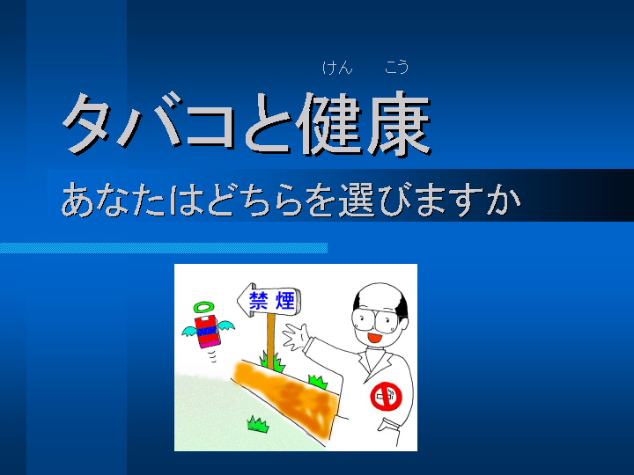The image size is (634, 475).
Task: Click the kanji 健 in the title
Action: pyautogui.click(x=329, y=124)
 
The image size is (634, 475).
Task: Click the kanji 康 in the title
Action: pyautogui.click(x=398, y=124)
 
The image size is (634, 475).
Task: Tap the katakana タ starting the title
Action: pyautogui.click(x=87, y=124)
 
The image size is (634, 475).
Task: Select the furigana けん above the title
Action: pyautogui.click(x=337, y=67)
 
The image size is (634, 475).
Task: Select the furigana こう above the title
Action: pyautogui.click(x=396, y=67)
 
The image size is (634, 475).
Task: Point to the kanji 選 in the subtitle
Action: pyautogui.click(x=357, y=200)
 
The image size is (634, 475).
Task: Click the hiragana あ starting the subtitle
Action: pyautogui.click(x=79, y=200)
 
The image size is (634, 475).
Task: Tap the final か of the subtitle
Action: pyautogui.click(x=504, y=200)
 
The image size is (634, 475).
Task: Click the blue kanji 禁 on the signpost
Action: pyautogui.click(x=259, y=300)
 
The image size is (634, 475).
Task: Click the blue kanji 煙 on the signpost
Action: pyautogui.click(x=285, y=300)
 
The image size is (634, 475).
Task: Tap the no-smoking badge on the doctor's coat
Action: pyautogui.click(x=387, y=396)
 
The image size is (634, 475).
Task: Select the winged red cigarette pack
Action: pyautogui.click(x=208, y=332)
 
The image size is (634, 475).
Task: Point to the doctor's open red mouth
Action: pyautogui.click(x=374, y=337)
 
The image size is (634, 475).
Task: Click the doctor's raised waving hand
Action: pyautogui.click(x=297, y=336)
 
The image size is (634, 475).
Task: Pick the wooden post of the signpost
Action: pyautogui.click(x=271, y=335)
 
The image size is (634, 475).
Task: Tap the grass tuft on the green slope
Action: pyautogui.click(x=257, y=425)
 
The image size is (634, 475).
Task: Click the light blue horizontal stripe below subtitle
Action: pyautogui.click(x=164, y=248)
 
